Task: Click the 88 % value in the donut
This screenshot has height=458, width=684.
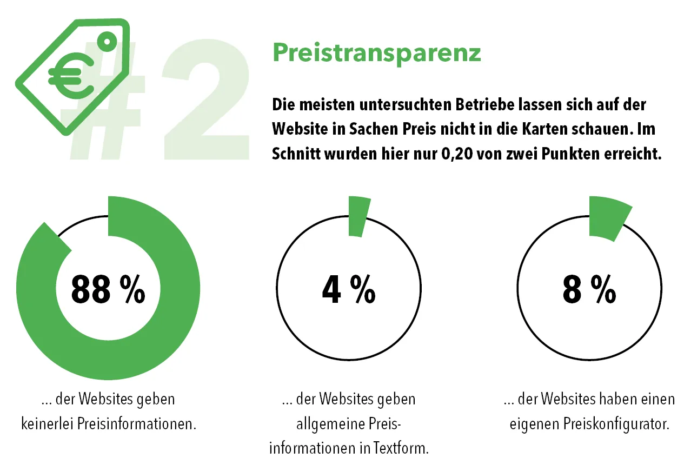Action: click(x=108, y=289)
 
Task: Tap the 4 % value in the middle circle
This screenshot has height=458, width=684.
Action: click(x=349, y=289)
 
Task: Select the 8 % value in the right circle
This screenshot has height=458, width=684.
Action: click(x=589, y=289)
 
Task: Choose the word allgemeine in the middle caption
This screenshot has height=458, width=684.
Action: click(x=328, y=424)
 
